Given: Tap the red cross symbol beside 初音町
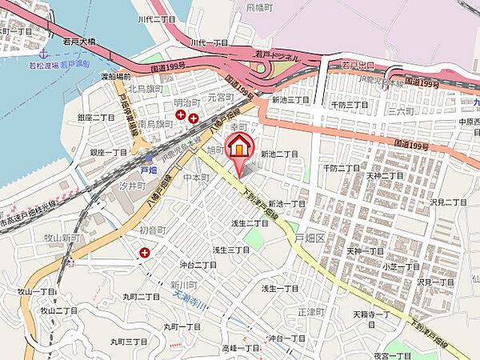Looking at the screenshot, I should (145, 253).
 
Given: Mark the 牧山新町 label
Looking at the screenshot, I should (61, 238).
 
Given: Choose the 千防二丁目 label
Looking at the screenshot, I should (341, 168).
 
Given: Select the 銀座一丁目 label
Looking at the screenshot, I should (108, 152).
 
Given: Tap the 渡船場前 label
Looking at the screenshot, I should (117, 77).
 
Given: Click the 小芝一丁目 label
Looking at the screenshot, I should (400, 266).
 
